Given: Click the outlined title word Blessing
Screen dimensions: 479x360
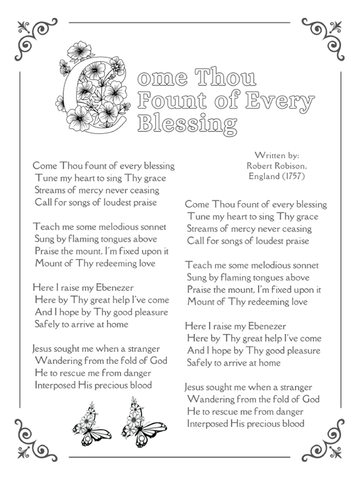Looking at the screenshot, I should point(186,123).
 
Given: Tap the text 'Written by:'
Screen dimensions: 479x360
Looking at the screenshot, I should point(277,156).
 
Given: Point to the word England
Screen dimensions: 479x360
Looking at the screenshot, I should point(263,176).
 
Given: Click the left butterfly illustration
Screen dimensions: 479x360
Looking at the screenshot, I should point(92,425).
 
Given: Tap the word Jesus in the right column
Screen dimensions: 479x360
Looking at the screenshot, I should point(197,388).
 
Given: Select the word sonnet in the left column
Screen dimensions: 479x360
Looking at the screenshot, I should point(152,227).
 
